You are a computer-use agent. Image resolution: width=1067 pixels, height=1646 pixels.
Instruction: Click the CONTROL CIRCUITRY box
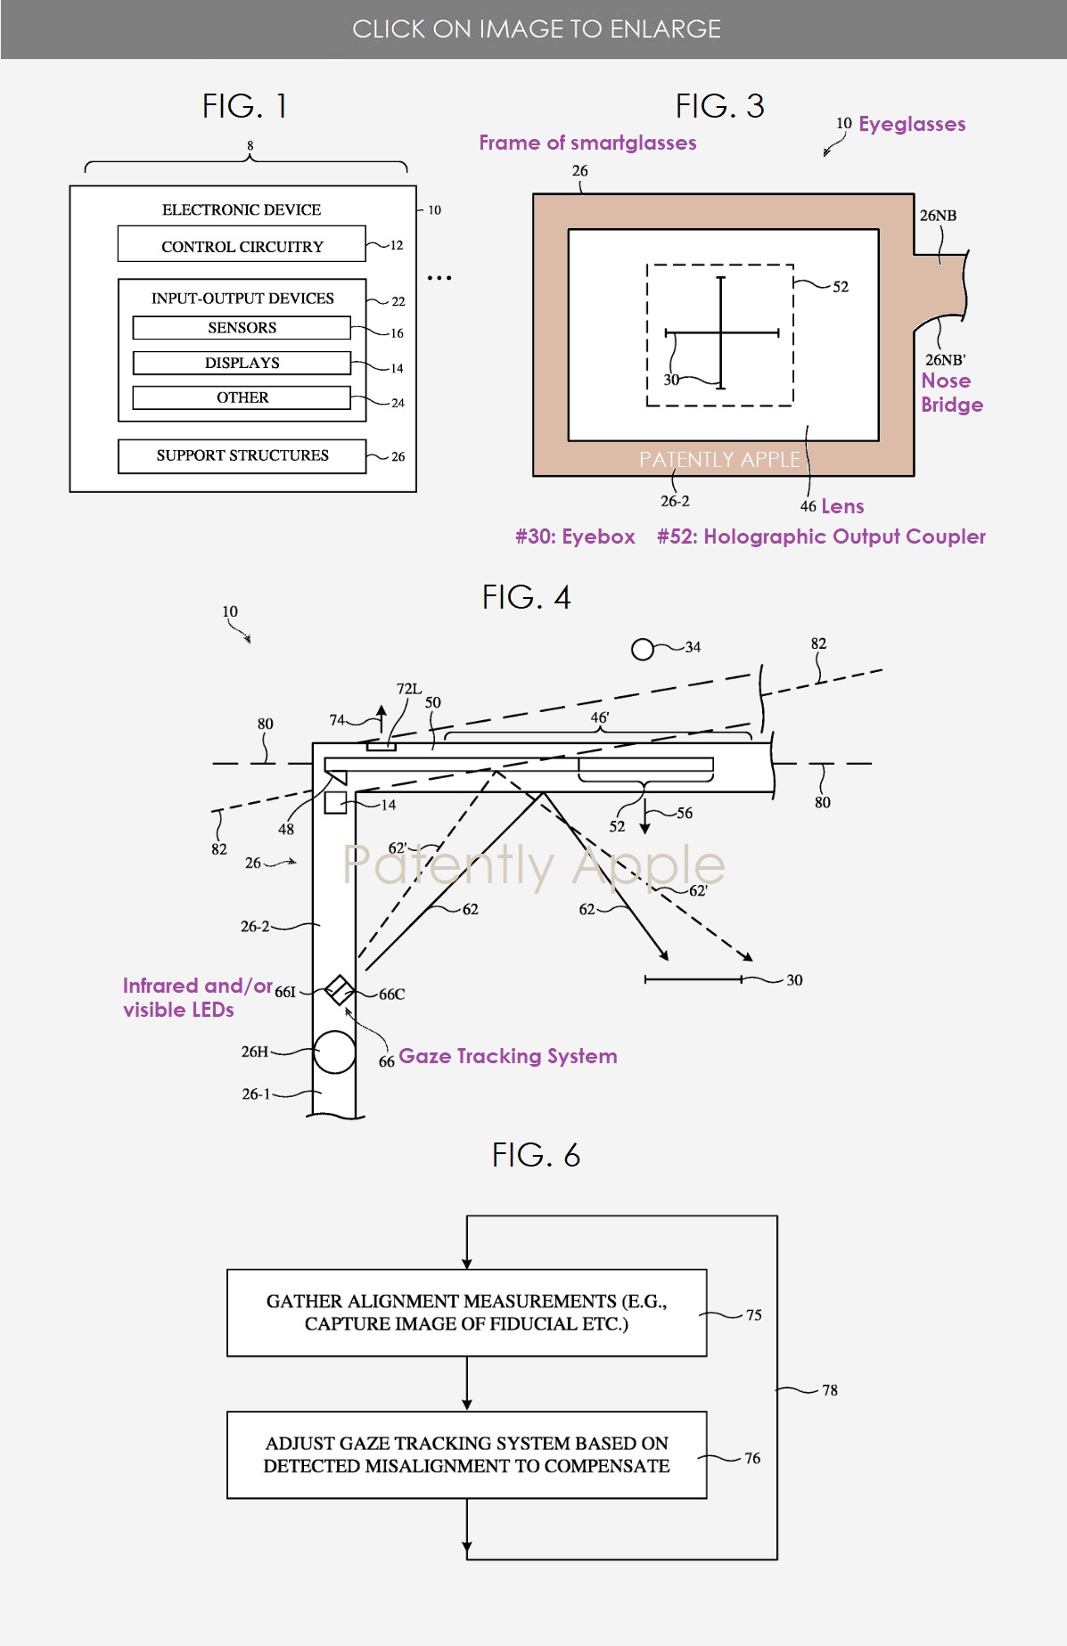tap(242, 244)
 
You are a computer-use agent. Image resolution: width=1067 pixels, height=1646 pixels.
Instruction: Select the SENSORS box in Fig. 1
tap(242, 328)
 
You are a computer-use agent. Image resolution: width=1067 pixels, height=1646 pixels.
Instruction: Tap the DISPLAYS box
tap(242, 363)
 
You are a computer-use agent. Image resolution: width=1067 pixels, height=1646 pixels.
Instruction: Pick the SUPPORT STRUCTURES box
tap(242, 455)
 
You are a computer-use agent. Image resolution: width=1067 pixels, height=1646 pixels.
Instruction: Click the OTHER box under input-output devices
tap(242, 397)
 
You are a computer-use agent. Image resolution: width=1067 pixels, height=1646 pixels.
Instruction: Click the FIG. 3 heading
tap(719, 106)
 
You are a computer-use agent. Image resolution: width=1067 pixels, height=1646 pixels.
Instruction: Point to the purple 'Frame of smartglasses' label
tap(587, 143)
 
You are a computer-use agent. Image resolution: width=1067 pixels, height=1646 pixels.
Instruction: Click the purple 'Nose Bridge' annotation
tap(951, 392)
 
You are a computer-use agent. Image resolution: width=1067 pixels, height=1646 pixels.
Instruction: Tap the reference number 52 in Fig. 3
tap(840, 287)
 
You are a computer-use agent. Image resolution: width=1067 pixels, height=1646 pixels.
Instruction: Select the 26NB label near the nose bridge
tap(938, 216)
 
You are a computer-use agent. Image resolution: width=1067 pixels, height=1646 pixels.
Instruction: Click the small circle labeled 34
tap(643, 649)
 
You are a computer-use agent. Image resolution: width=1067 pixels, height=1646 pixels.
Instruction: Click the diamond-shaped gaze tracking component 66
tap(339, 989)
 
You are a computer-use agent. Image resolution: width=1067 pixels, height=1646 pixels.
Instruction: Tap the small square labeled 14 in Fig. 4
tap(335, 802)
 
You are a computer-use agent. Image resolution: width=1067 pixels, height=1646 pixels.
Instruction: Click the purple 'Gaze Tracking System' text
tap(507, 1056)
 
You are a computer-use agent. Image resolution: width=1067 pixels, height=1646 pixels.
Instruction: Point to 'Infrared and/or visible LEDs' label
tap(196, 997)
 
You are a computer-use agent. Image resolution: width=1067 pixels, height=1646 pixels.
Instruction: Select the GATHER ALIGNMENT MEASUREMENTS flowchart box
tap(466, 1313)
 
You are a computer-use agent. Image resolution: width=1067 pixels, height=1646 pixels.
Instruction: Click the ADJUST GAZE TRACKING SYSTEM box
tap(466, 1454)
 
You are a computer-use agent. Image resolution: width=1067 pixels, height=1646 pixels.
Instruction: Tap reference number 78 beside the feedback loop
tap(829, 1390)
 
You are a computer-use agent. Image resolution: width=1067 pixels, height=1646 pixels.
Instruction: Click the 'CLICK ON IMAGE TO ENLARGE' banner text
tap(536, 29)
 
